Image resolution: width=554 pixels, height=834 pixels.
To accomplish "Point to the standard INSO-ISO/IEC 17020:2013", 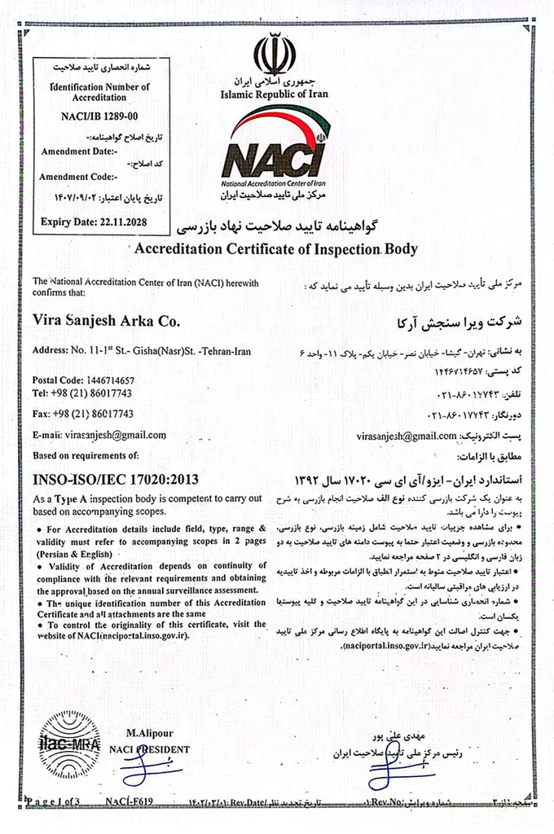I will coord(114,479).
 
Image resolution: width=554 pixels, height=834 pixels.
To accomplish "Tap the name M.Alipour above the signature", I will coord(150,734).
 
